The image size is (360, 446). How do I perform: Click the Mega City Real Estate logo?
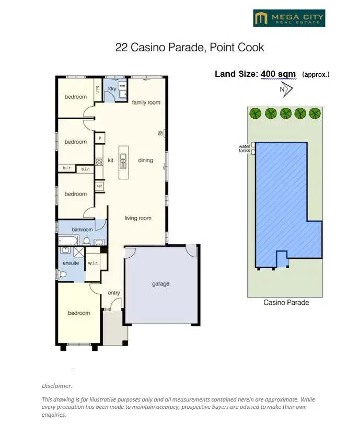point(289,18)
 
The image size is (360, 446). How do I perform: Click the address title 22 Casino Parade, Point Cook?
point(190,48)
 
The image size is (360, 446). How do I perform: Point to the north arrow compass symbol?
point(286,89)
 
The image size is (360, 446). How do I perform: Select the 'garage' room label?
point(160,284)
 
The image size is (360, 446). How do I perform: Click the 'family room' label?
point(146,102)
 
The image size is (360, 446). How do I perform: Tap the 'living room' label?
point(138,218)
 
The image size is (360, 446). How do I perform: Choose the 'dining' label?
point(145,161)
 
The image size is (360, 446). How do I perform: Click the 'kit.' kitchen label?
point(111,161)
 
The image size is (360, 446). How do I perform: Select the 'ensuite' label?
point(71,263)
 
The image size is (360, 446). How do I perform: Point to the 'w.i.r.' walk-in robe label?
point(93,263)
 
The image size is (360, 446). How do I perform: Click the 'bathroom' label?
point(82,230)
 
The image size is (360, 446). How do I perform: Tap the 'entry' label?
point(114,293)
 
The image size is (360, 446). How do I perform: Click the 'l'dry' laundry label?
point(111,89)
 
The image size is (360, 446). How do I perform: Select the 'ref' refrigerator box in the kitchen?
point(99,186)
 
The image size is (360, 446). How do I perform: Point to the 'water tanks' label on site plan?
point(244,148)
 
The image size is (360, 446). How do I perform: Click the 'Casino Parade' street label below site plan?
point(286,303)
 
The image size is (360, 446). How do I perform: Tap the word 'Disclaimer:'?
point(57,386)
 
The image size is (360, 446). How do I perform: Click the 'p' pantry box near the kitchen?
point(99,138)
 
